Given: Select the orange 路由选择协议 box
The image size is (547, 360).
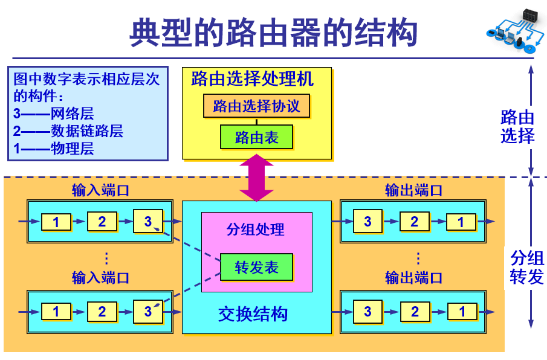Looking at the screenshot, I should point(256,106).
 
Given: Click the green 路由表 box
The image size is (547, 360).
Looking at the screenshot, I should point(256,137).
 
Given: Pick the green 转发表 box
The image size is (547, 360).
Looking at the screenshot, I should point(256,267).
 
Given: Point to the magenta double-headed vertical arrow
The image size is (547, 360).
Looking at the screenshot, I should point(257,178).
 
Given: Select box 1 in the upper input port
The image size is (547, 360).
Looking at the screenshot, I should point(56,222).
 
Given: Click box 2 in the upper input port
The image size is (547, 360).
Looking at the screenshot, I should point(102,222).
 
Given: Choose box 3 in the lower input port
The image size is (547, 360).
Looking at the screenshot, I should point(148,312).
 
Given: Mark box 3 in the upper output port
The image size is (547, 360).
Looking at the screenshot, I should point(367,222).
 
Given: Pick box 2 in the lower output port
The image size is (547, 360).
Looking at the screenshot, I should point(415,312).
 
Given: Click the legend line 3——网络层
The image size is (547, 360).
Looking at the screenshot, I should point(54,113).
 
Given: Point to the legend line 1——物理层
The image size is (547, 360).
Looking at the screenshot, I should point(54,148).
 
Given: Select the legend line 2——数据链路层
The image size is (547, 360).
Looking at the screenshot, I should point(68,130).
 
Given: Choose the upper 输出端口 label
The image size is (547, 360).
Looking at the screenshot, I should point(414,190).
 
